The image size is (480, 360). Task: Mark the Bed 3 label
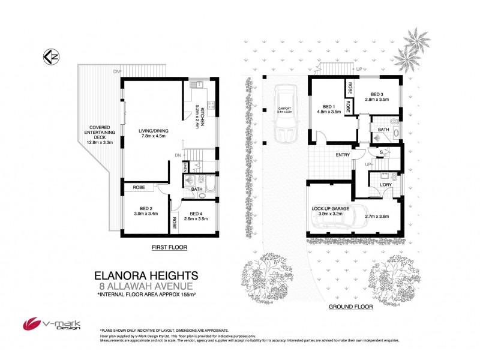(x=376, y=97)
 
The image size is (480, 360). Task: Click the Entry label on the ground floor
(x=343, y=155)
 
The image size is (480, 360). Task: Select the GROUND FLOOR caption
(x=350, y=307)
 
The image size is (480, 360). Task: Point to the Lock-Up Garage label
(x=329, y=209)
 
